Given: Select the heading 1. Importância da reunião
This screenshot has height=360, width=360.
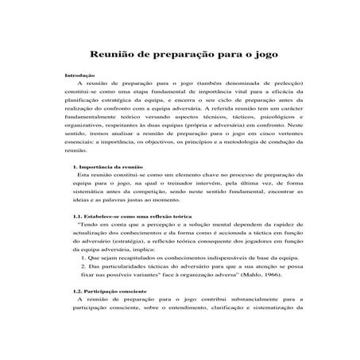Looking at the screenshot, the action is [107, 167].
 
